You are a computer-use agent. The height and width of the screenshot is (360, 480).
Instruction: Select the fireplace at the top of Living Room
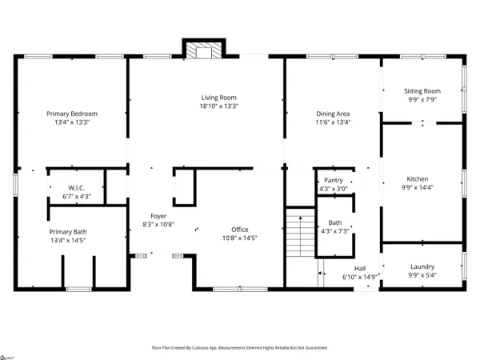203,50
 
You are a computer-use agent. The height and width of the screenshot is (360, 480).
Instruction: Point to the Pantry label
334,181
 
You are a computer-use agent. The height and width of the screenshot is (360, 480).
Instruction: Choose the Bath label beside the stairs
334,223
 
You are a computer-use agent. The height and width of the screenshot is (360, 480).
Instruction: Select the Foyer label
158,216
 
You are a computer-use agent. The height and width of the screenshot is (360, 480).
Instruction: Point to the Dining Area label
334,114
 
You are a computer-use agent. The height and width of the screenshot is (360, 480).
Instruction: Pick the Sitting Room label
422,91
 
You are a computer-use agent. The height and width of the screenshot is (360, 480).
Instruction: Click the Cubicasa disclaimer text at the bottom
240,348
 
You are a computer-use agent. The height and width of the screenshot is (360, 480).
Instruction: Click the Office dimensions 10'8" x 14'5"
240,238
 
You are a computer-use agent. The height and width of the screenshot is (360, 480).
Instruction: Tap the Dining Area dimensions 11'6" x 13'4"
334,122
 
